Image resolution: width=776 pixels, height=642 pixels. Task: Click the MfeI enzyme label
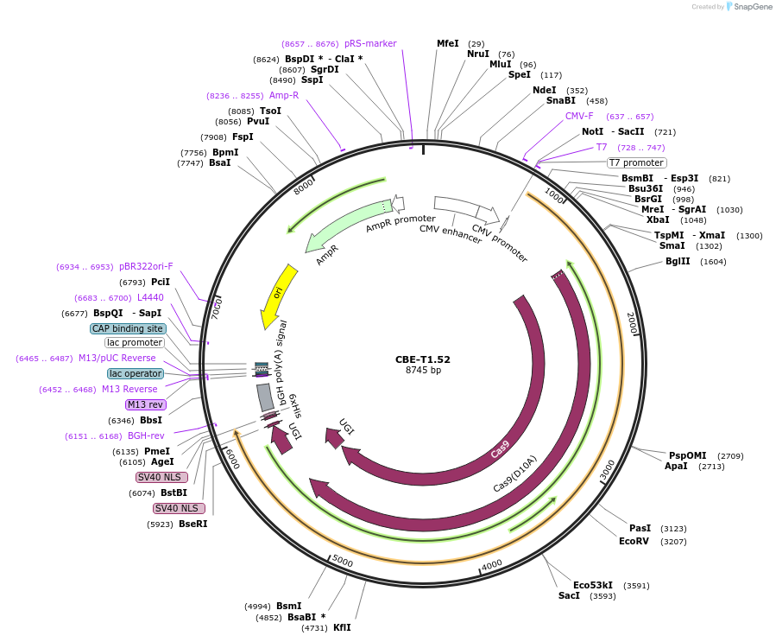(447, 43)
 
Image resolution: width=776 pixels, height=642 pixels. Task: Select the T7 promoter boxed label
(636, 162)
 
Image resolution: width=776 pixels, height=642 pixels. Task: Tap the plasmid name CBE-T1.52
(422, 359)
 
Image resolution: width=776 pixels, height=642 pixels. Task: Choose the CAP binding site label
(128, 328)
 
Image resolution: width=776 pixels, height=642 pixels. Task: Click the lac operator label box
(135, 373)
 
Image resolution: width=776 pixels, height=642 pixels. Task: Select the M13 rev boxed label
(144, 404)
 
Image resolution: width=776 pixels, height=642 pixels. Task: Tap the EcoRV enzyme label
(634, 541)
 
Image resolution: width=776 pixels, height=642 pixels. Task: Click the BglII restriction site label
(678, 261)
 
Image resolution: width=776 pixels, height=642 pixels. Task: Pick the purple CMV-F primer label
(579, 116)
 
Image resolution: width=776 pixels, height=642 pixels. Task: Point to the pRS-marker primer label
(370, 43)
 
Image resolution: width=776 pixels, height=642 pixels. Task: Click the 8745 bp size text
(423, 371)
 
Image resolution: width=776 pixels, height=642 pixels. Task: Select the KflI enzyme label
(342, 628)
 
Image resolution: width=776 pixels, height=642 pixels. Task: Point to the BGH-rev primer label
(146, 435)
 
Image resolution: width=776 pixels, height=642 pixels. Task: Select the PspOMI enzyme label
(688, 455)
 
